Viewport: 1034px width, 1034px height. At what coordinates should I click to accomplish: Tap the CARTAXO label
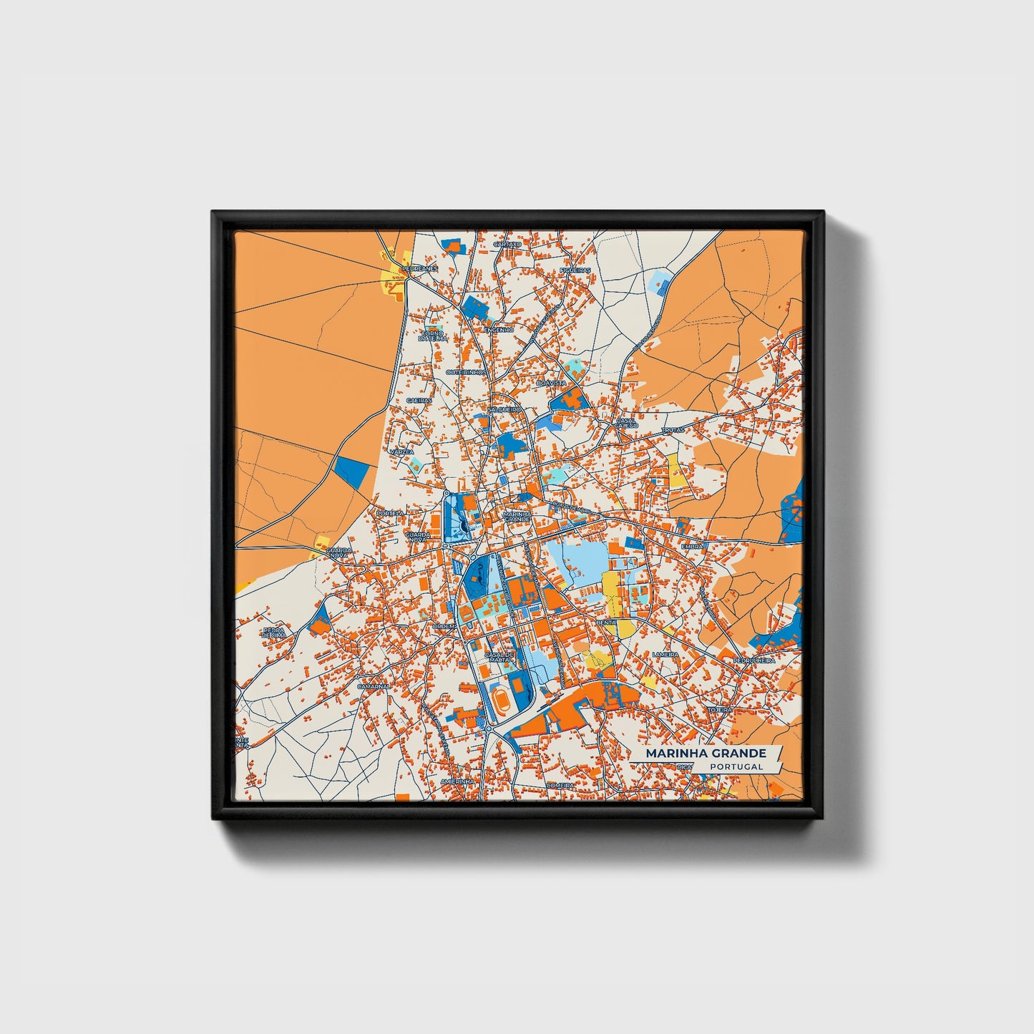pos(507,244)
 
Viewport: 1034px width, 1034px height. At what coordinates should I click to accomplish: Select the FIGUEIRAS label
pos(576,270)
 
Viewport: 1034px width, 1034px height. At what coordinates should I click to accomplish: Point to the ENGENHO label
pos(499,330)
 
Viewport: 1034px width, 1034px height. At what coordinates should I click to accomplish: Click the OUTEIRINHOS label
pos(467,372)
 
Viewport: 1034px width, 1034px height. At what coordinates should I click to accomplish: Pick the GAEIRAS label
pos(419,401)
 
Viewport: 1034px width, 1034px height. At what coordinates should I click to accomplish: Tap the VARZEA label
pos(401,452)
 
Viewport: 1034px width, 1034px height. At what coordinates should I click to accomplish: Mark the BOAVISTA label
pos(551,384)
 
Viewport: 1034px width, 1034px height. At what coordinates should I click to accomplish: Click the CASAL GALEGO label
pos(627,423)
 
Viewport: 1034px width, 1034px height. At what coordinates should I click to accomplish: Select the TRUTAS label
pos(673,430)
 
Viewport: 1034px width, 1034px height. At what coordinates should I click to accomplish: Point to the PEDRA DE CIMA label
pos(274,633)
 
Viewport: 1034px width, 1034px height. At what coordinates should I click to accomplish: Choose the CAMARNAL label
pos(374,686)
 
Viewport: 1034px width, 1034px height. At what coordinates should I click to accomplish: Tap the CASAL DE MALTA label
pos(500,656)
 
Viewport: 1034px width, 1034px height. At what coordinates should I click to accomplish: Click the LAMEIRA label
pos(665,654)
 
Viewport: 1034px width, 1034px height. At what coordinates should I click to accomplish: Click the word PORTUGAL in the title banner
pos(737,766)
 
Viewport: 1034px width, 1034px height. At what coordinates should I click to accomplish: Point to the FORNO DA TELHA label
pos(432,336)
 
